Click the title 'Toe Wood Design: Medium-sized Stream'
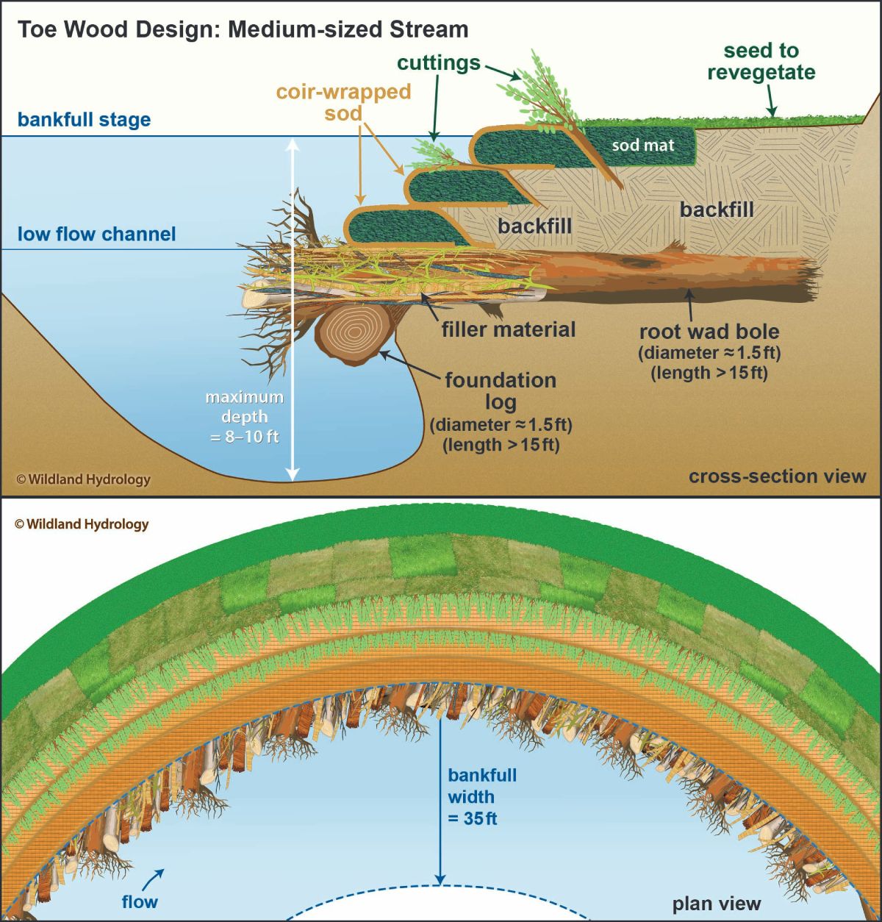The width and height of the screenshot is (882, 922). point(243,29)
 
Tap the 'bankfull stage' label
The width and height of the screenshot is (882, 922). point(85,119)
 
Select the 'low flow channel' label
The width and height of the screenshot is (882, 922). point(96,234)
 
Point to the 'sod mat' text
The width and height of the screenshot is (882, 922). point(643,145)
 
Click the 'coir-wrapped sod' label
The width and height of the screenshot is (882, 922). point(343,102)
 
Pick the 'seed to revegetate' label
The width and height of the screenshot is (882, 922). point(761,62)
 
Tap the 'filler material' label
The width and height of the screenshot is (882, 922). point(509,329)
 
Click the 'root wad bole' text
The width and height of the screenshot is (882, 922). point(709,331)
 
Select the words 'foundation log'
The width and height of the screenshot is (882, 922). point(501,391)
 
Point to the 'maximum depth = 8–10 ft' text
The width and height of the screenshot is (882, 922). point(245,416)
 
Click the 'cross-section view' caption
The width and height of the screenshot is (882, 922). point(778,476)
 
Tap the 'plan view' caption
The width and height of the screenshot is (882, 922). point(717,904)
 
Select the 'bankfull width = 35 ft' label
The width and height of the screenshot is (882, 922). point(482,796)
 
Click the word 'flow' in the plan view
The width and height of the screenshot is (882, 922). point(139,901)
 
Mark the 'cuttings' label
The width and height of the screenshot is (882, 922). point(439,63)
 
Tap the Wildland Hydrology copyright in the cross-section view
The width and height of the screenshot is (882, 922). point(83,479)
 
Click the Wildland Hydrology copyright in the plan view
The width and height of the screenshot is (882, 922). point(82,523)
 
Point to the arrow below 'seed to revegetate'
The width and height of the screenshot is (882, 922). point(770,101)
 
